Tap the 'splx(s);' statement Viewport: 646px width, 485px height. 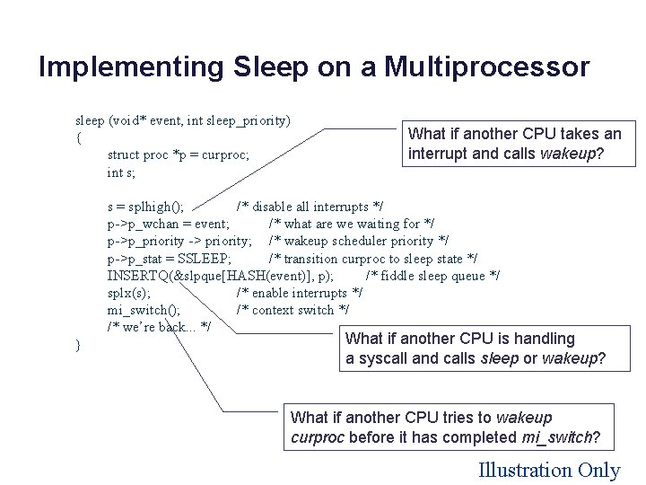pyautogui.click(x=129, y=293)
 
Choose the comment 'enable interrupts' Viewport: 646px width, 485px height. pyautogui.click(x=300, y=293)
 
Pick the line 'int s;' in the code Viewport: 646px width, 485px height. pyautogui.click(x=121, y=172)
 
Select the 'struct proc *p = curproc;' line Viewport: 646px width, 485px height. pyautogui.click(x=178, y=154)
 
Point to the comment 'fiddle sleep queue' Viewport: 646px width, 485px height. pyautogui.click(x=433, y=276)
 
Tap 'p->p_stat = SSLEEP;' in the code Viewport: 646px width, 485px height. pyautogui.click(x=170, y=259)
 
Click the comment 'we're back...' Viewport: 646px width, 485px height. pyautogui.click(x=159, y=327)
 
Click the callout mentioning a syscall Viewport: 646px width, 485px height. pyautogui.click(x=476, y=348)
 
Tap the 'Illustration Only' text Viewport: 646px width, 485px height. pyautogui.click(x=549, y=470)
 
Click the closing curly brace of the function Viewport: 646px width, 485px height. pyautogui.click(x=79, y=345)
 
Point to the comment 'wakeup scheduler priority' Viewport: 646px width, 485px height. pyautogui.click(x=359, y=241)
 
